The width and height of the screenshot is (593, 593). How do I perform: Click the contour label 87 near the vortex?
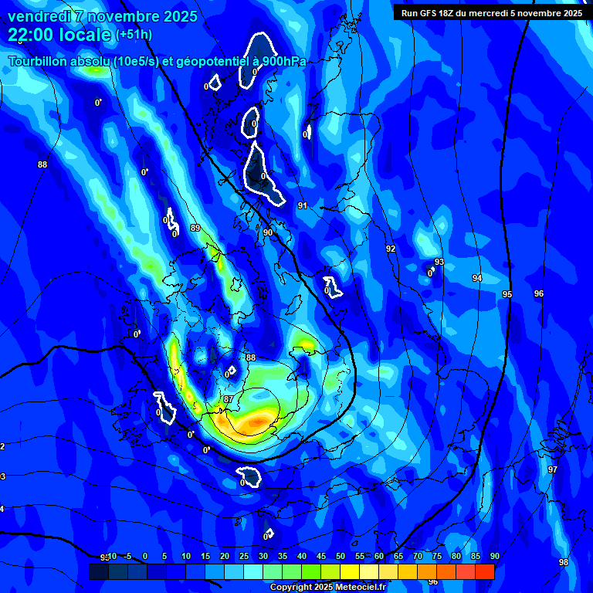(x=229, y=399)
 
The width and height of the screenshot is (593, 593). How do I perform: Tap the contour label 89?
(x=195, y=228)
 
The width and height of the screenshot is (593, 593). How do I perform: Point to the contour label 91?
(x=303, y=205)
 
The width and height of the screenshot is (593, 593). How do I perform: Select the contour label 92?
(x=391, y=249)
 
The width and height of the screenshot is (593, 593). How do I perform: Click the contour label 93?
(x=439, y=263)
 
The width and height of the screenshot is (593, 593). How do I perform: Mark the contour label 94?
(x=477, y=278)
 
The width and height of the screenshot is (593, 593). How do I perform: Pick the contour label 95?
(x=507, y=294)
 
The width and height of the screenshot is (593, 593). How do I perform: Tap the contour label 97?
(x=553, y=469)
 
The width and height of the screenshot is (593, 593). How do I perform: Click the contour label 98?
(x=564, y=562)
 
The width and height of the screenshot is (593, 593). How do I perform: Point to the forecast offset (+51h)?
(x=134, y=35)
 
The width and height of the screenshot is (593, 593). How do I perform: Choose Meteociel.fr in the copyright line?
(x=361, y=588)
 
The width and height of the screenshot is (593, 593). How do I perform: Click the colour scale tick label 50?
(x=341, y=556)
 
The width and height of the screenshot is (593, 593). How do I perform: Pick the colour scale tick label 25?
(x=244, y=556)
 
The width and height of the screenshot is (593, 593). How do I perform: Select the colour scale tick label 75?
(x=437, y=556)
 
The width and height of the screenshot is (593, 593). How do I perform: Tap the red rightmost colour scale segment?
(x=485, y=571)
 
